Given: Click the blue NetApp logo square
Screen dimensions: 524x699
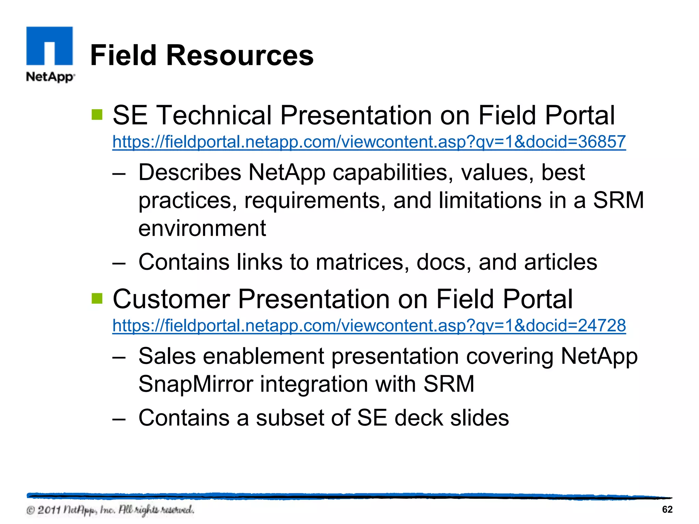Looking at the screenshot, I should click(49, 46).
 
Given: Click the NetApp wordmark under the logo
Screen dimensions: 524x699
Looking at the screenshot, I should click(50, 77).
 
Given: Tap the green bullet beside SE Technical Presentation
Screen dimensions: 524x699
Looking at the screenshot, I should click(97, 115).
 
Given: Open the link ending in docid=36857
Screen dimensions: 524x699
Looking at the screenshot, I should click(369, 142).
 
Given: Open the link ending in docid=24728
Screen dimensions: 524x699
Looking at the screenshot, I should click(369, 325).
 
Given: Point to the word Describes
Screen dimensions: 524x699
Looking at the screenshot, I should click(190, 172).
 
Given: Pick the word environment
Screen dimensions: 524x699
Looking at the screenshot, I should click(202, 228).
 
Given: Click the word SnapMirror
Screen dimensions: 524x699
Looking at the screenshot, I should click(196, 384).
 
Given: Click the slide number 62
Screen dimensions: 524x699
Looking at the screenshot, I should click(667, 509).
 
